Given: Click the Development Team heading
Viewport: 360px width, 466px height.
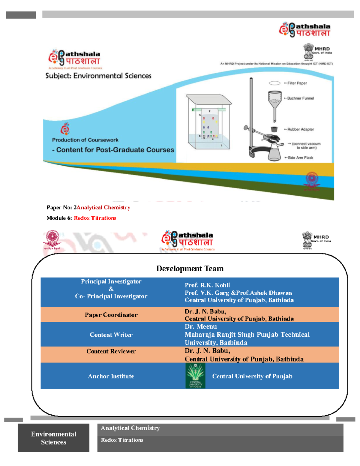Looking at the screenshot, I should coord(190,269).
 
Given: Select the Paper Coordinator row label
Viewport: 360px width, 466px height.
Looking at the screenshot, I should coord(111,315).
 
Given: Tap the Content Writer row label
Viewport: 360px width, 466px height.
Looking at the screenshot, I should coord(111,335).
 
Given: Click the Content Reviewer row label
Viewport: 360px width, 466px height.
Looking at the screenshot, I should coord(111,351).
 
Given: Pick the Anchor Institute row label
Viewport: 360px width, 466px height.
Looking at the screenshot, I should coord(111,376).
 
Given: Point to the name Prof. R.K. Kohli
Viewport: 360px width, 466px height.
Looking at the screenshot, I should coord(207,285).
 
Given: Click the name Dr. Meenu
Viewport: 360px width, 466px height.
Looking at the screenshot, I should coord(201,326).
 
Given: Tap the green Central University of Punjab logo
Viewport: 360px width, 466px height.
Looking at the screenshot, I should coord(195,376).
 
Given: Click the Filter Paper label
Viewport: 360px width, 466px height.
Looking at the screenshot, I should coord(297,83).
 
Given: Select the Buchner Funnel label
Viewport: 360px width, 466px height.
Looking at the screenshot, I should coord(300,98).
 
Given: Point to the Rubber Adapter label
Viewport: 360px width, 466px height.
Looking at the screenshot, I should coord(300,129).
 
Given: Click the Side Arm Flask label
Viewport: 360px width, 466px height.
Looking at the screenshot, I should coord(300,158).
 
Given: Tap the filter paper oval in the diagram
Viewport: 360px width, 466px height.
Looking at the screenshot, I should coord(274,83).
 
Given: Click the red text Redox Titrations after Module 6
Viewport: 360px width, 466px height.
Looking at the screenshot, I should coord(95,218).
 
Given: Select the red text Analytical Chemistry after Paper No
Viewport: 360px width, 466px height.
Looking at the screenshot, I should coord(103,208).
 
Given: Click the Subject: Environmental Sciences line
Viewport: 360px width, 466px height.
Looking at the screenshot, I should coord(98,76).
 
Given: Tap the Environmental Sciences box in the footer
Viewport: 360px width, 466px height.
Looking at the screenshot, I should coord(53,438).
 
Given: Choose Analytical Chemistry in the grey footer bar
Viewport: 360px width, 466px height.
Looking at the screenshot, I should coord(130,428).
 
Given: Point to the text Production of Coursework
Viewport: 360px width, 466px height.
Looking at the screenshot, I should coord(85,140).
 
